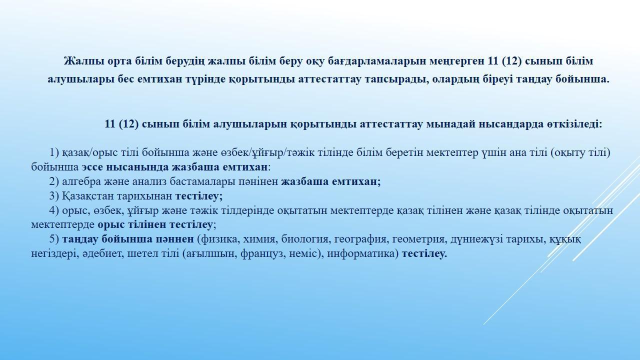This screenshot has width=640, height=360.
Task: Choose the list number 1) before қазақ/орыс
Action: point(54,152)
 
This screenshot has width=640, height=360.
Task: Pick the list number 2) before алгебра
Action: point(54,181)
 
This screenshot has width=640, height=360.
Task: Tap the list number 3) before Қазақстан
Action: point(54,196)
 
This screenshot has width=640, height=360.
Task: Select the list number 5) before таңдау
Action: point(54,239)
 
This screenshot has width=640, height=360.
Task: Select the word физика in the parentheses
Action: point(220,239)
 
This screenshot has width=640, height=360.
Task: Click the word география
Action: point(361,239)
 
